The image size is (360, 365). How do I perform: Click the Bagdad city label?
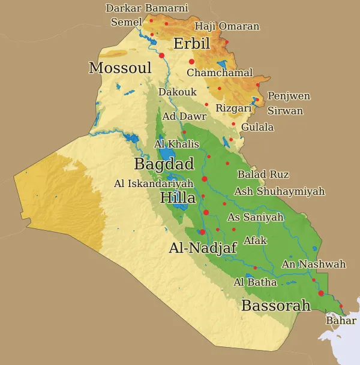coord(164,164)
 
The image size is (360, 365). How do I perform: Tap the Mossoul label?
coord(120,68)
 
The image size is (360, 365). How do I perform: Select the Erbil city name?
coord(191,44)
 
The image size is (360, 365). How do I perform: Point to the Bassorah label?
coord(276,306)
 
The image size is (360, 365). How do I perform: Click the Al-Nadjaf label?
coord(203,248)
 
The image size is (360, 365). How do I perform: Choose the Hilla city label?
coord(178,198)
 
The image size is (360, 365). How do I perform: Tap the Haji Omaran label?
coord(227,26)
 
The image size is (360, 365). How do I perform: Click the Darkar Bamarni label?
coord(147,8)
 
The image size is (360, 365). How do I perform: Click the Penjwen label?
coord(289,96)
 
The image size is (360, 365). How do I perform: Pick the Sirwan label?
coord(285,111)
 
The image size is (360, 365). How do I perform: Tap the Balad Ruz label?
coord(263,174)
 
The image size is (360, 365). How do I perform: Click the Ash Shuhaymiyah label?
coord(279,192)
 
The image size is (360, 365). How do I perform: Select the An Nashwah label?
coord(314,264)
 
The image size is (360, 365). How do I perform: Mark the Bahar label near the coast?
coord(341,321)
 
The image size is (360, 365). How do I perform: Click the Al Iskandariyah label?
coord(154,184)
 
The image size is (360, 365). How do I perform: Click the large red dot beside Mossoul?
coord(161,55)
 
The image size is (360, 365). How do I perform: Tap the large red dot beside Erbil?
coord(192,62)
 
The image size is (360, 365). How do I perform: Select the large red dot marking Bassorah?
coord(321,293)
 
